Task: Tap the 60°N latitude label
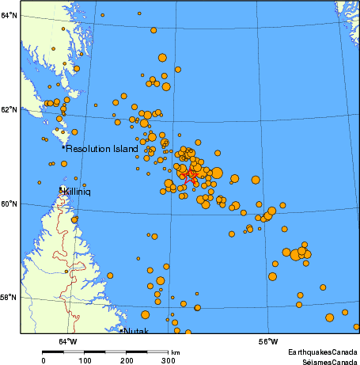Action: [9, 203]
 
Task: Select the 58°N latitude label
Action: [9, 297]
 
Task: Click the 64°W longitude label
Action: [68, 342]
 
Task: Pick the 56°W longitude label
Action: [268, 342]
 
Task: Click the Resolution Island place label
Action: [102, 149]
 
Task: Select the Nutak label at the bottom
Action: [136, 331]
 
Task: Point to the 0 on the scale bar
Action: [43, 361]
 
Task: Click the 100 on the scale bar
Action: [85, 361]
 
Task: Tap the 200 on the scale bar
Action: [127, 361]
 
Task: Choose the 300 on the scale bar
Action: [169, 361]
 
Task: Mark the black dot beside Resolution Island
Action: [63, 147]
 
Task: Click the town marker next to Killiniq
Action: [63, 189]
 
